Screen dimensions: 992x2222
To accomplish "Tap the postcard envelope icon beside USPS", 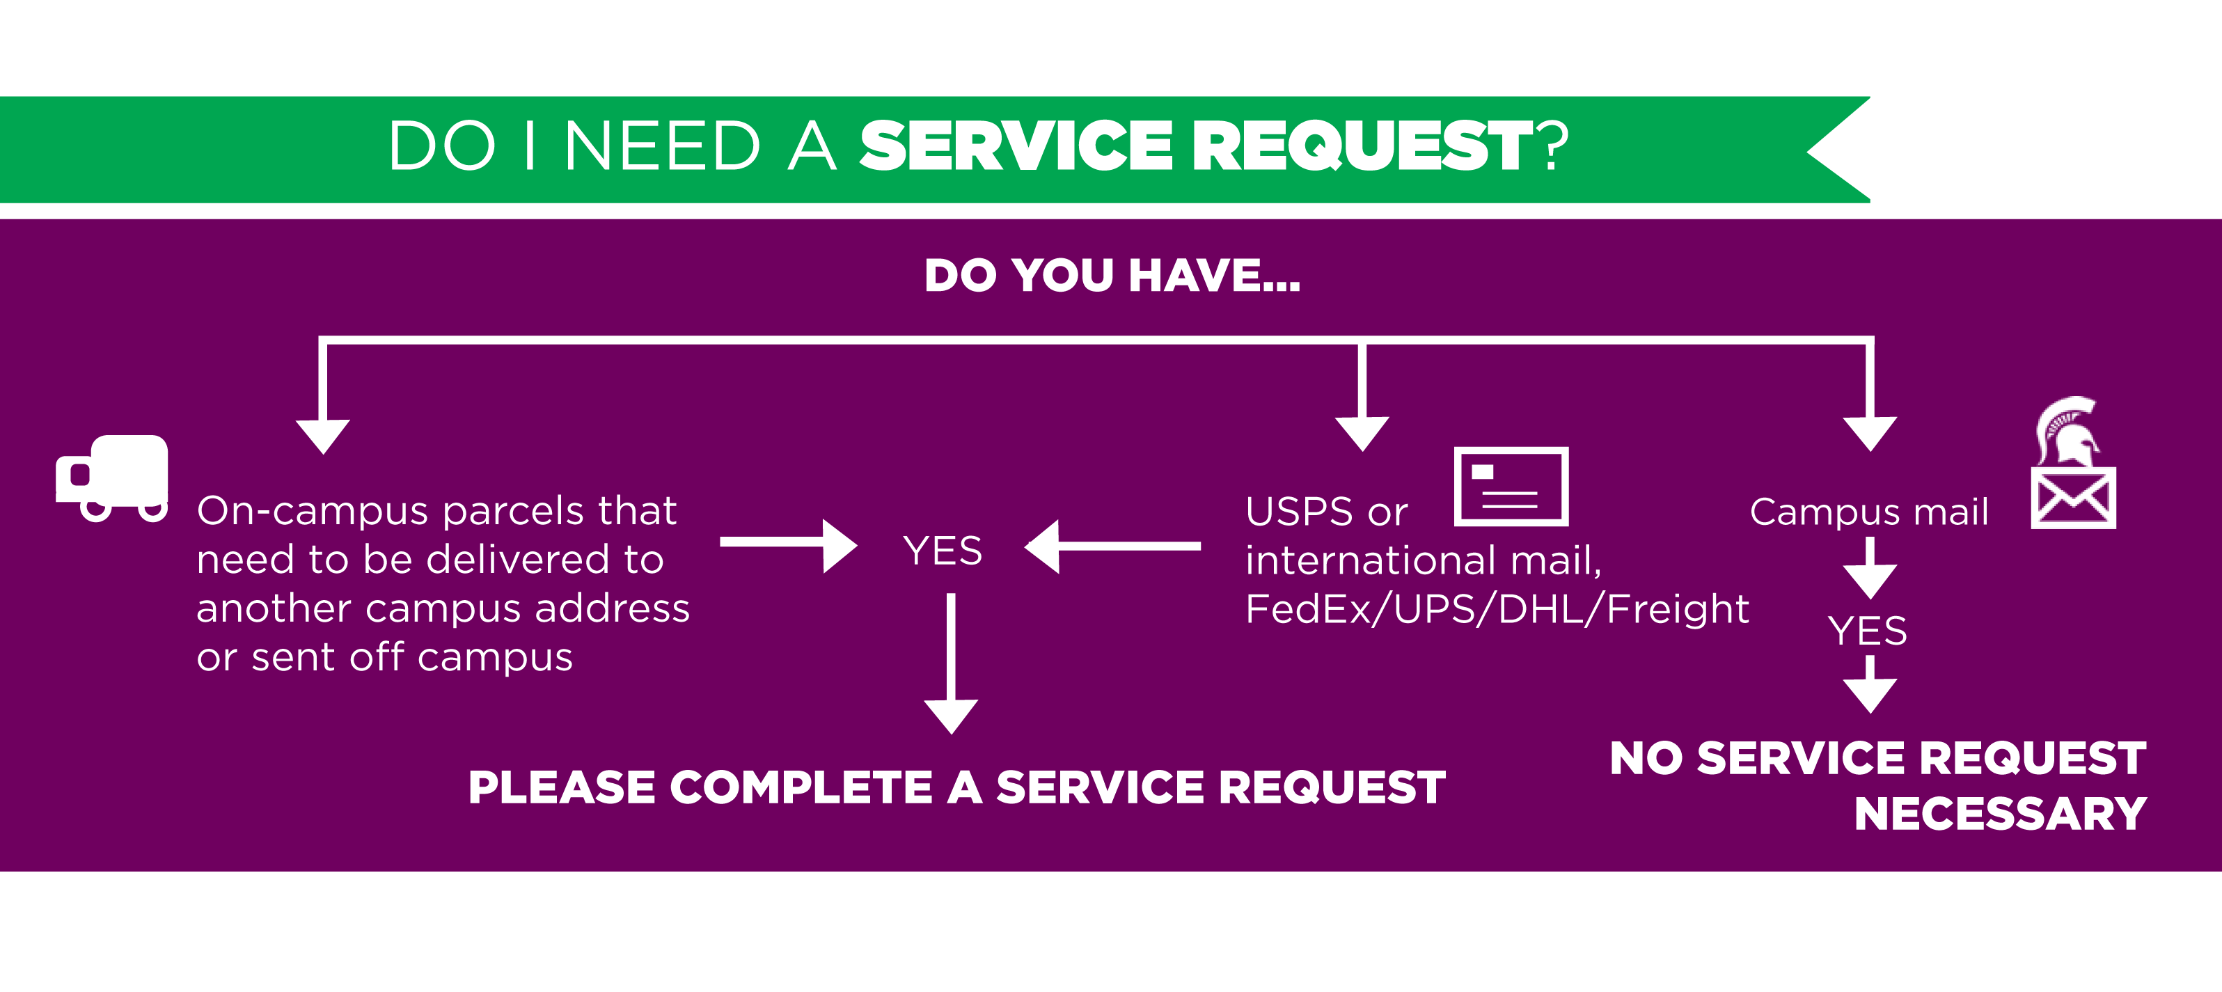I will pos(1511,487).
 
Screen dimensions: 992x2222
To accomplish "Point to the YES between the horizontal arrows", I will pos(942,551).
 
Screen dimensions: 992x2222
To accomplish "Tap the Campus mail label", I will pos(1868,512).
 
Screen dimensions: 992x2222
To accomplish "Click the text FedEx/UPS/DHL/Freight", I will pos(1497,609).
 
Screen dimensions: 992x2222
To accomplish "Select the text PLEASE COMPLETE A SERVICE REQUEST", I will pos(956,787).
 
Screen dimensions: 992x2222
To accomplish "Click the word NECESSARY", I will pos(1999,813).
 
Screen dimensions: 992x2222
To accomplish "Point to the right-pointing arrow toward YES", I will pos(787,544).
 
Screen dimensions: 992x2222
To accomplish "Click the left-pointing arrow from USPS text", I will pos(1112,546).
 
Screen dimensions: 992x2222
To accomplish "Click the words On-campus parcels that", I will pos(436,511).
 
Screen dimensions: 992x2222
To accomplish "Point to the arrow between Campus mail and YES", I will pos(1869,569).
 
